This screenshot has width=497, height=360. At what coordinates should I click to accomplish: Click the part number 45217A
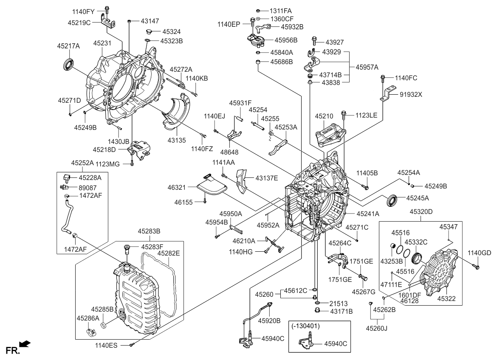(68, 46)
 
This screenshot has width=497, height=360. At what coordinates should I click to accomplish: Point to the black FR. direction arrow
(25, 343)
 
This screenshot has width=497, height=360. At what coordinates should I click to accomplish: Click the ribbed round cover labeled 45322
(438, 272)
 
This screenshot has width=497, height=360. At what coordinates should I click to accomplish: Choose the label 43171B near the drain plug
(341, 311)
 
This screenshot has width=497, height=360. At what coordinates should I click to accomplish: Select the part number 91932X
(411, 94)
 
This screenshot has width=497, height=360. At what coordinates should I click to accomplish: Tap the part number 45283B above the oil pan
(149, 231)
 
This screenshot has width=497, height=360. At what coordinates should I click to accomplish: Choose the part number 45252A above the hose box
(83, 163)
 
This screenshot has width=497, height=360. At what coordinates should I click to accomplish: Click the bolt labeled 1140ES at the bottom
(133, 345)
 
